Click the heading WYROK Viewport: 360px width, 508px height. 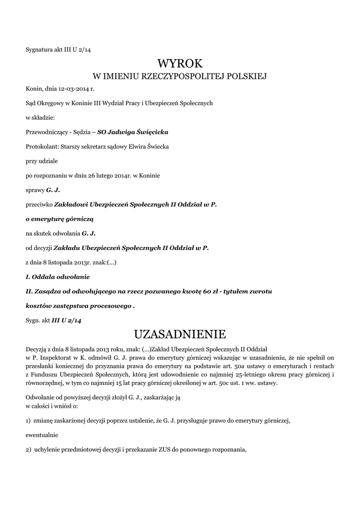(180, 63)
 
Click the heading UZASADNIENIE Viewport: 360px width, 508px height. (180, 332)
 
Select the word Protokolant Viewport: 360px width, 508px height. (40, 146)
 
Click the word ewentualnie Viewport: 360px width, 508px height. (42, 435)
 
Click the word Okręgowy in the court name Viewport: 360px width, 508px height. (50, 103)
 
